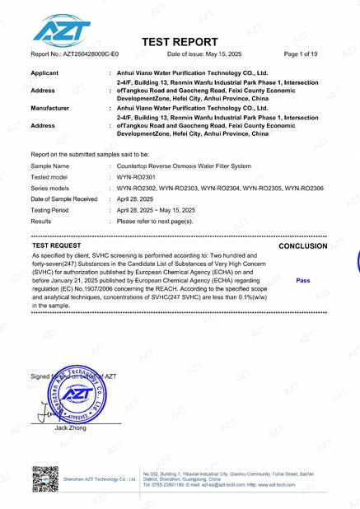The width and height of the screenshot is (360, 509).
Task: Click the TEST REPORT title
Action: (180, 42)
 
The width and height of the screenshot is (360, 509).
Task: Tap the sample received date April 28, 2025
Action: (136, 199)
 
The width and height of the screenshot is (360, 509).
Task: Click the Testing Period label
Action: (54, 210)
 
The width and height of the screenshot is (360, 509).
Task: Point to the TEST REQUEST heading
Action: (57, 245)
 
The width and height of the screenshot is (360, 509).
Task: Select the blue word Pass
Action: (302, 281)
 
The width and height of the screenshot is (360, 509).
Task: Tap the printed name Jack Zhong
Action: (72, 429)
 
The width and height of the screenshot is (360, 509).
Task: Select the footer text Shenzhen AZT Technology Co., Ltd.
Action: (100, 479)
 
